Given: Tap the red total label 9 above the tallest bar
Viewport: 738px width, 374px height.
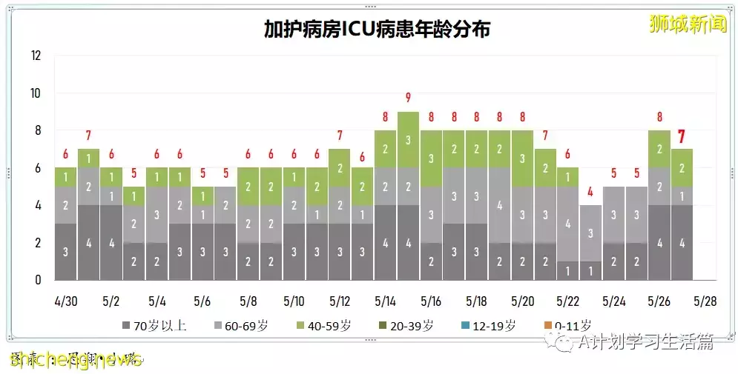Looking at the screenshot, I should (408, 98).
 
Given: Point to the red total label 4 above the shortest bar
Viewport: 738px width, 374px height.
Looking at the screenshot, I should (590, 192).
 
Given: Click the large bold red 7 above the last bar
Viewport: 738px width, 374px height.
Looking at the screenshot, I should (682, 136).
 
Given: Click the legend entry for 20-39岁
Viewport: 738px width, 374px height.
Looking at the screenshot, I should (404, 326).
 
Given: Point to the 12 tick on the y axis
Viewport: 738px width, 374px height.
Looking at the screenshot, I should (36, 56).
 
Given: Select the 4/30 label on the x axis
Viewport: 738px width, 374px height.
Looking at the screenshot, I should (65, 302).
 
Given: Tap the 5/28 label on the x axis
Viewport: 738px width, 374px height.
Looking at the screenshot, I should (705, 302).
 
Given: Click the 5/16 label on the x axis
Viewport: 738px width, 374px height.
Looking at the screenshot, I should (432, 302).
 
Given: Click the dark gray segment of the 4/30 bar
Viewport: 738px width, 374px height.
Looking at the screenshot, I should (65, 252).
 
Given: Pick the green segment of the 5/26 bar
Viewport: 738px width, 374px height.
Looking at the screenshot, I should (659, 149).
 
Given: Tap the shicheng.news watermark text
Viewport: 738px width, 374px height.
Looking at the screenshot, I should (74, 359).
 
